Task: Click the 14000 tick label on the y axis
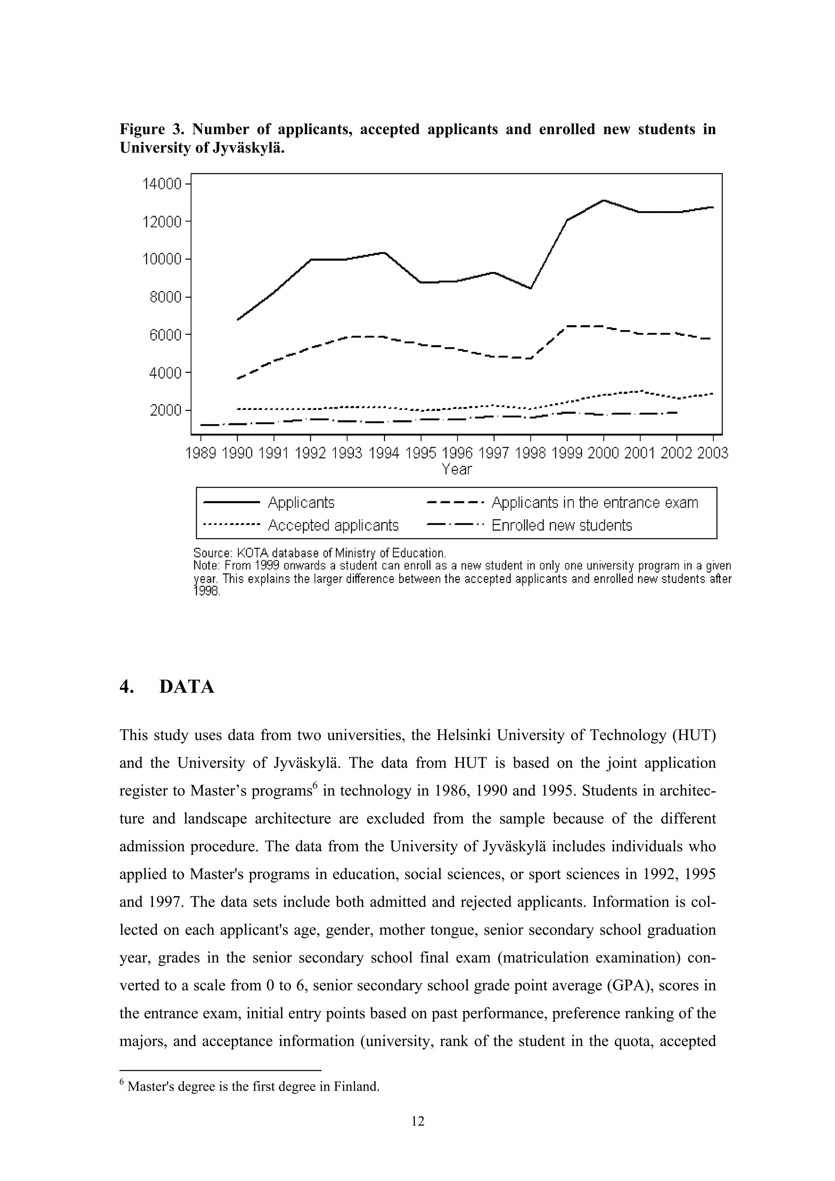click(161, 184)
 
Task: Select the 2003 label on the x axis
click(713, 453)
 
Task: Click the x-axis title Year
click(456, 469)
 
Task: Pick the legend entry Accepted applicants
click(333, 525)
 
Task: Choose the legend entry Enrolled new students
click(561, 525)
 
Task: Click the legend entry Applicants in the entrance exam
click(595, 502)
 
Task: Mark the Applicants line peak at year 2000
click(603, 200)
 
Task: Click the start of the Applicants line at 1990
click(238, 320)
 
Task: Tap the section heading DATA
click(187, 687)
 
